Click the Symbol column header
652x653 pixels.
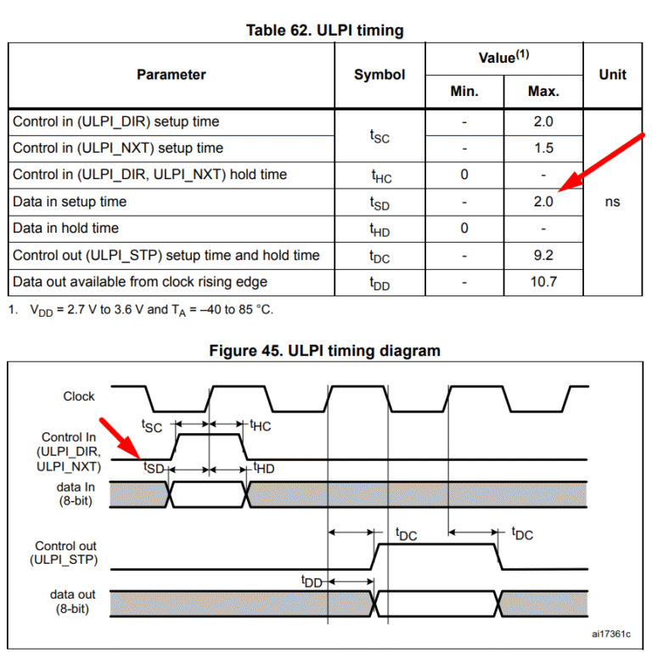coord(379,75)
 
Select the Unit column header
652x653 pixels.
coord(612,75)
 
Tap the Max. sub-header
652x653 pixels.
coord(543,91)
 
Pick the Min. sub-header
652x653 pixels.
coord(464,91)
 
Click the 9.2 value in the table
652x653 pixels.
coord(543,255)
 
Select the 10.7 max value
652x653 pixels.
coord(543,282)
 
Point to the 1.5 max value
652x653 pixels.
coord(543,148)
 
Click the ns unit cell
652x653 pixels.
coord(612,202)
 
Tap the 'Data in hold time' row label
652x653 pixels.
coord(65,228)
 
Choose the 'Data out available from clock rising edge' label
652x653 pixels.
coord(140,282)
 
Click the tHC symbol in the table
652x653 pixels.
coord(381,176)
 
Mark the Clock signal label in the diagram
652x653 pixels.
coord(79,396)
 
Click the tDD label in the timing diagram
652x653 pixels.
coord(312,581)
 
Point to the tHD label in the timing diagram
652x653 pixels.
coord(264,468)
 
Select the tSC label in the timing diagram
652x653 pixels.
coord(152,426)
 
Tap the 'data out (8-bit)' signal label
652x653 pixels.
coord(72,601)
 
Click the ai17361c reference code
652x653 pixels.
coord(610,633)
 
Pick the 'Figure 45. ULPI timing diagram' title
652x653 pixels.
coord(325,351)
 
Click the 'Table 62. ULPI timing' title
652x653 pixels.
coord(325,31)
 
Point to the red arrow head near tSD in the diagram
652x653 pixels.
coord(140,458)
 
